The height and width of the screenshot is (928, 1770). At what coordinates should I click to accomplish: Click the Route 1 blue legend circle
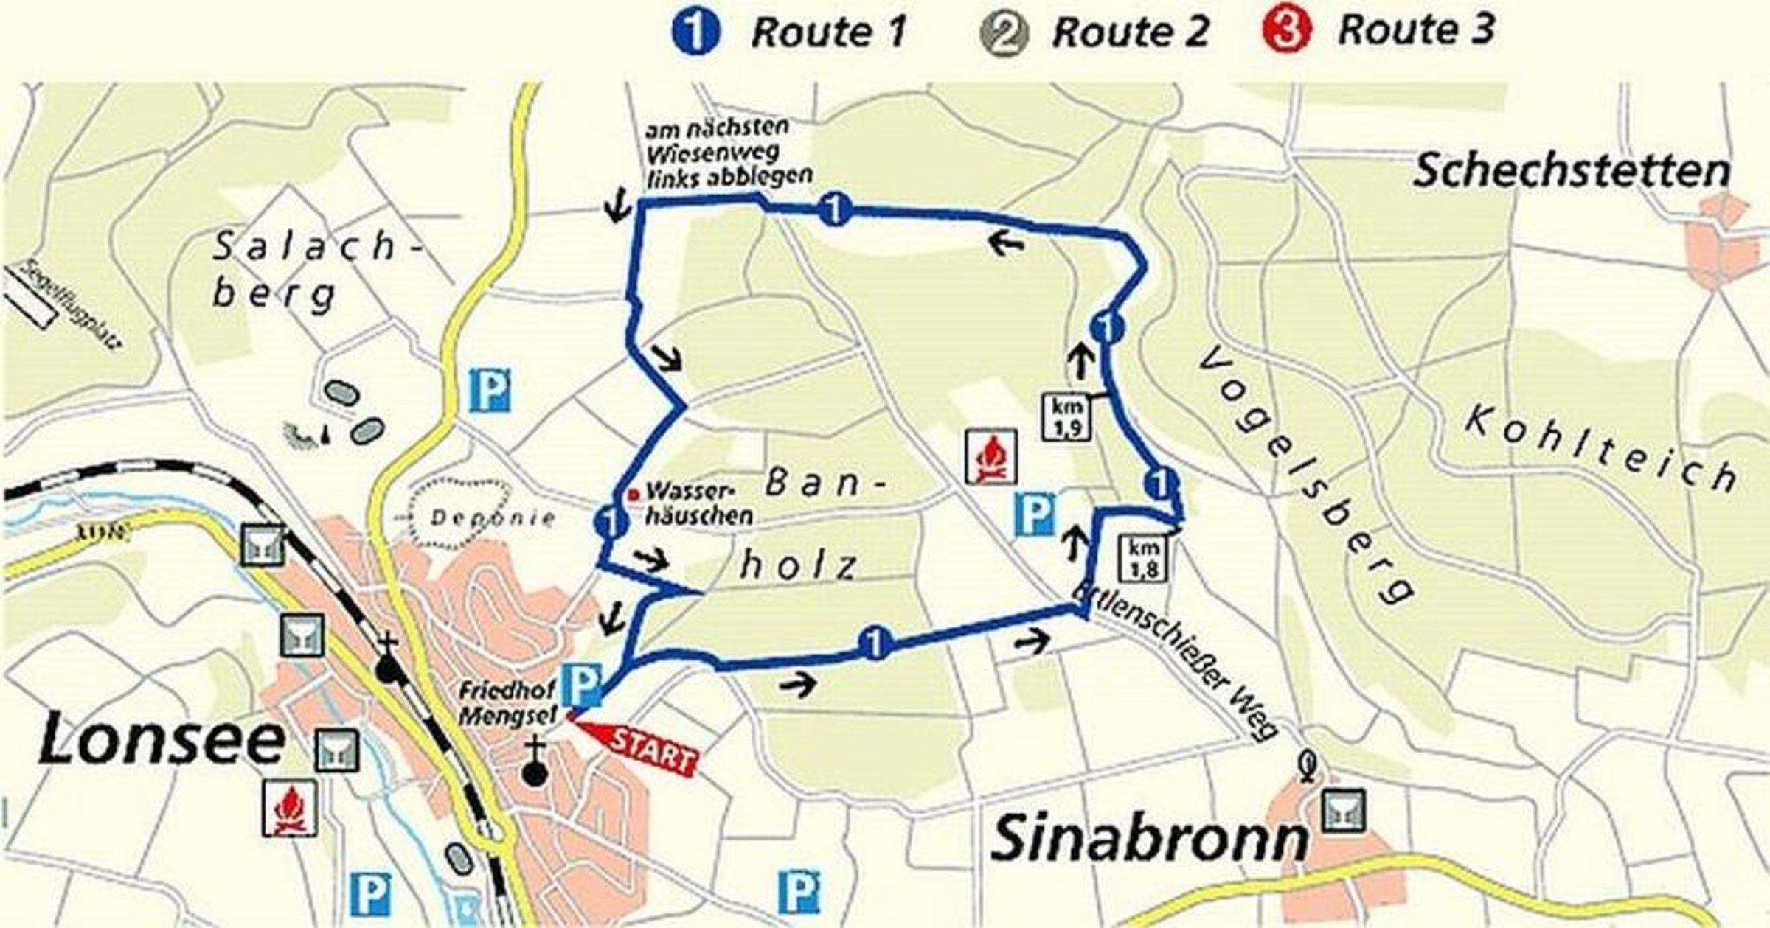pyautogui.click(x=695, y=33)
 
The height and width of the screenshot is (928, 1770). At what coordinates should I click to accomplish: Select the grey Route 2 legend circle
pyautogui.click(x=1002, y=33)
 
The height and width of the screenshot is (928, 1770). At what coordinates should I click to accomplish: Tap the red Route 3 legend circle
pyautogui.click(x=1288, y=31)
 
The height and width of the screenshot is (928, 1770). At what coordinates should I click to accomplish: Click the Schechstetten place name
pyautogui.click(x=1571, y=171)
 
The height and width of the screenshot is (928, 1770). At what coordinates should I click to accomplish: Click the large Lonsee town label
pyautogui.click(x=161, y=739)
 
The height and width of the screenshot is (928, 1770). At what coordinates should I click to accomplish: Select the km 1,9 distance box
pyautogui.click(x=1066, y=417)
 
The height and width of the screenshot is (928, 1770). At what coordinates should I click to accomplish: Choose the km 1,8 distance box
pyautogui.click(x=1144, y=558)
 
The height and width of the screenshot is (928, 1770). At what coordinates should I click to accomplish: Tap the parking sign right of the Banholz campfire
pyautogui.click(x=1035, y=514)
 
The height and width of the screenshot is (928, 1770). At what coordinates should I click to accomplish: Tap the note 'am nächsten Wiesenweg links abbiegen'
pyautogui.click(x=729, y=153)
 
